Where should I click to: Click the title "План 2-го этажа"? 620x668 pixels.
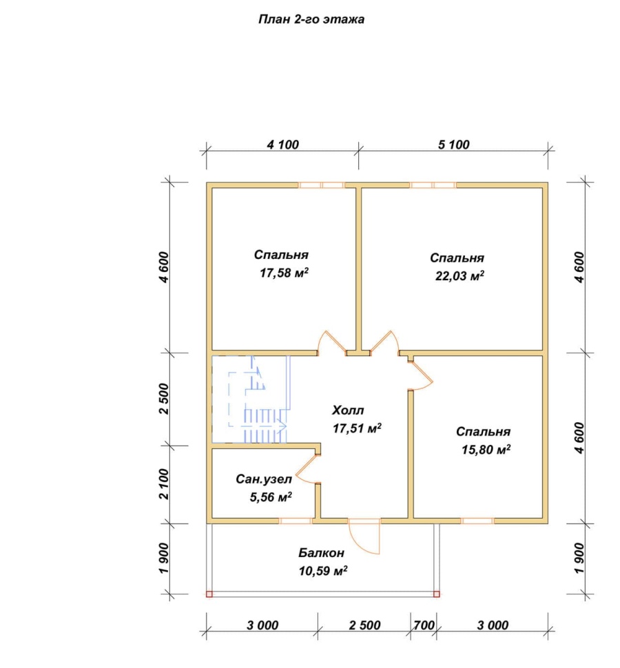pyautogui.click(x=311, y=19)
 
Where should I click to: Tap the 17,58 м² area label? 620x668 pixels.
pyautogui.click(x=285, y=273)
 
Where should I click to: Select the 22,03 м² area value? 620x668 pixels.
pyautogui.click(x=459, y=275)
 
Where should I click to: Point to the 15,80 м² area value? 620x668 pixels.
pyautogui.click(x=486, y=450)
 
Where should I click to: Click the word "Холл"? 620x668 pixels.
pyautogui.click(x=348, y=410)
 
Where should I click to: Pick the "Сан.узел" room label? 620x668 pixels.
pyautogui.click(x=264, y=479)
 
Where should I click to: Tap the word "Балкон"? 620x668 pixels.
pyautogui.click(x=321, y=552)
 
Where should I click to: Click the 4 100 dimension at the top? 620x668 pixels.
pyautogui.click(x=283, y=145)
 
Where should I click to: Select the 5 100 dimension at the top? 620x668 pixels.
pyautogui.click(x=454, y=145)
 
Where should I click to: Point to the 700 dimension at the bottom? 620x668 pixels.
pyautogui.click(x=424, y=625)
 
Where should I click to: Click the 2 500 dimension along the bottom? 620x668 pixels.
pyautogui.click(x=364, y=625)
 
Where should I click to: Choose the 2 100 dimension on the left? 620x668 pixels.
pyautogui.click(x=164, y=484)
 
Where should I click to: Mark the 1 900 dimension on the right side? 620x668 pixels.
pyautogui.click(x=579, y=558)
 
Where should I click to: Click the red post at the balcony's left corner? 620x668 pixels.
pyautogui.click(x=209, y=594)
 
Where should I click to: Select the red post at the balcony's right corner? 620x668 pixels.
pyautogui.click(x=436, y=594)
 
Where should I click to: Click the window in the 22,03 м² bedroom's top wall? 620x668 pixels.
pyautogui.click(x=433, y=185)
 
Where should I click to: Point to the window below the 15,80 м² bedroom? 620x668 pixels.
pyautogui.click(x=477, y=521)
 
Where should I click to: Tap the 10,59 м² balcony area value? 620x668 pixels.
pyautogui.click(x=323, y=571)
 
